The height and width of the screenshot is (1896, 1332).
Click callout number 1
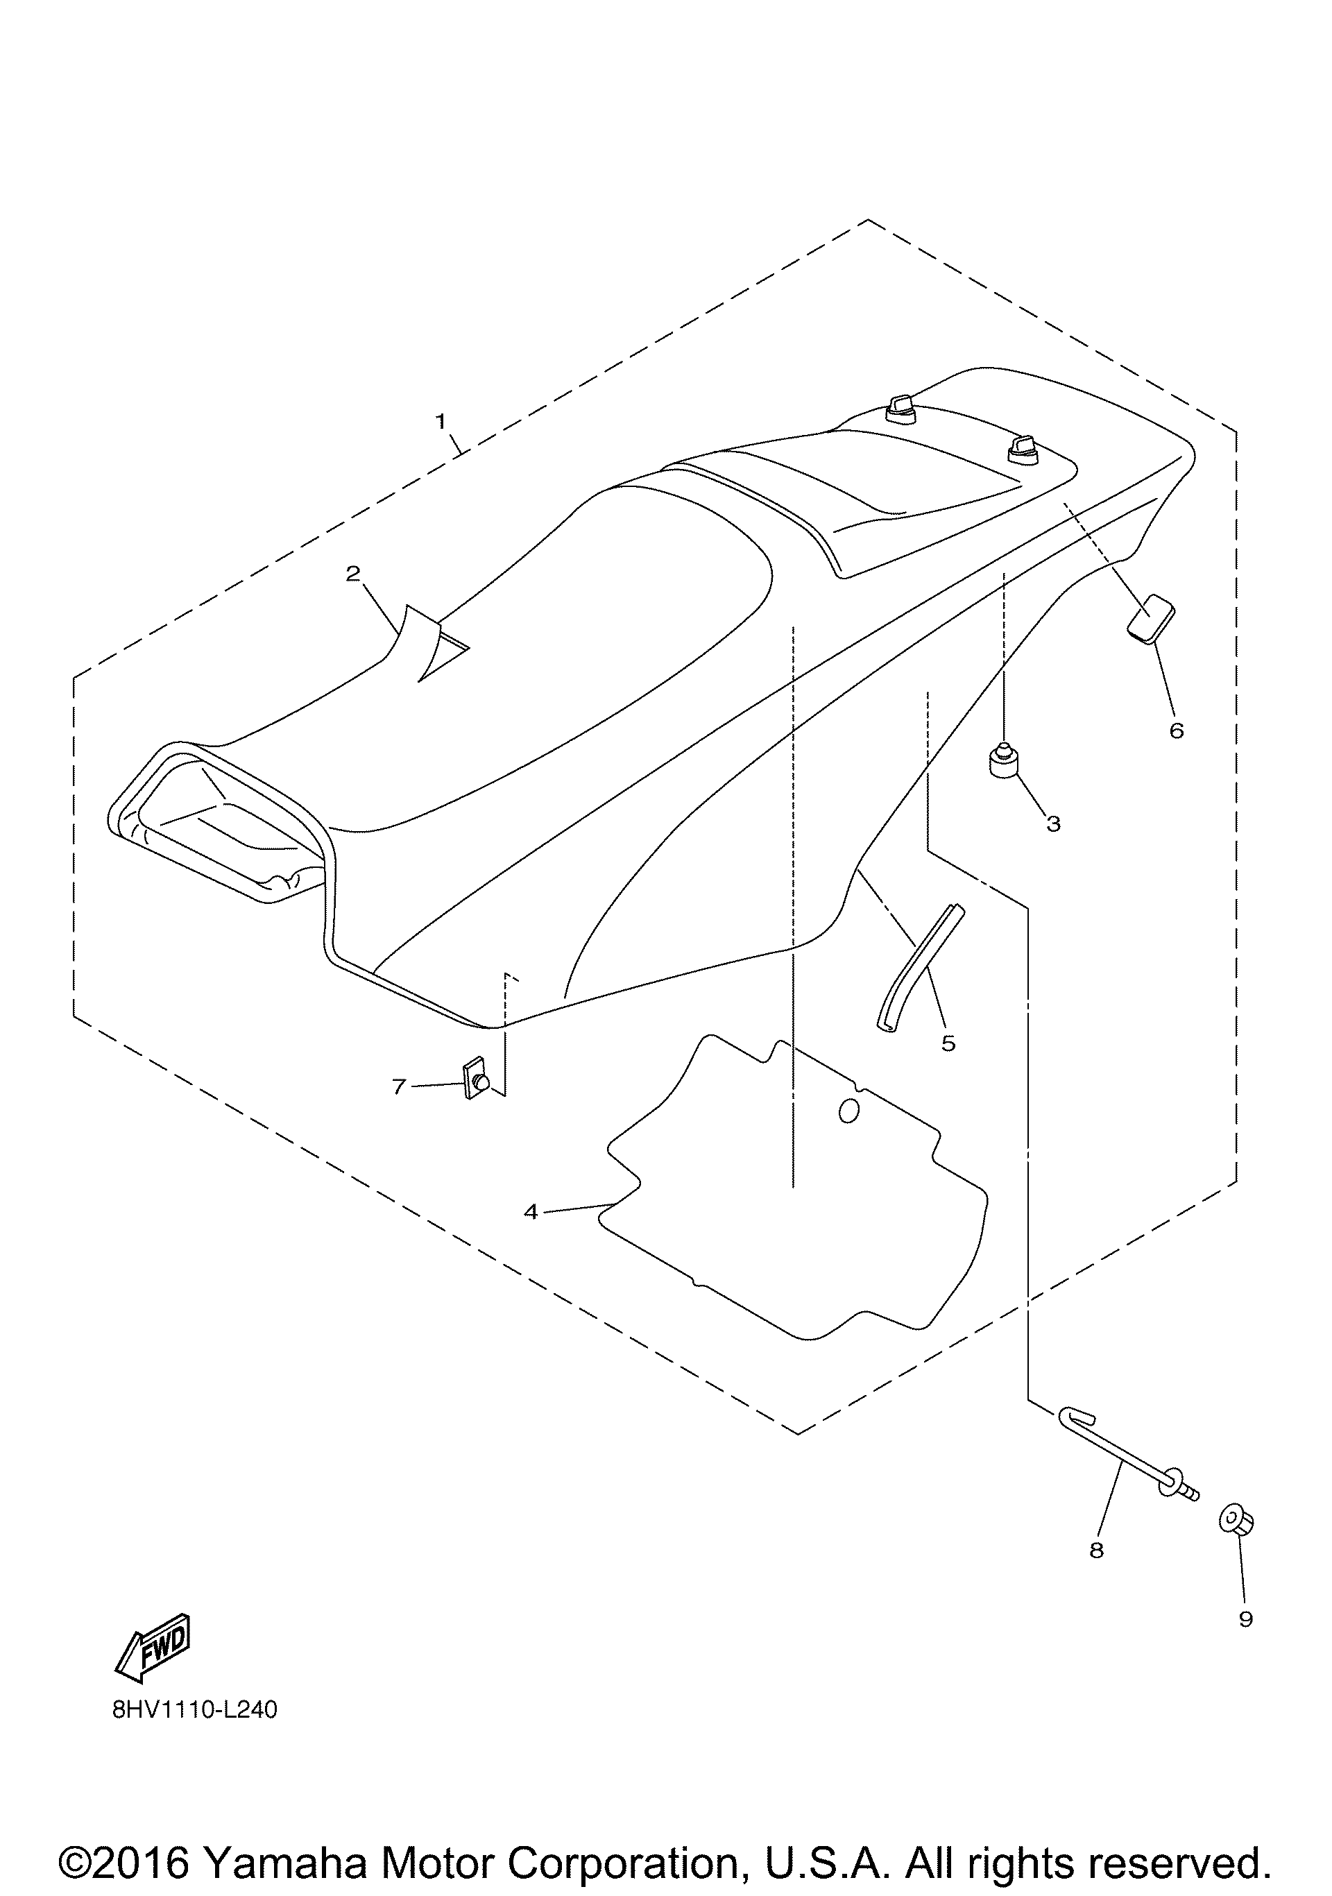click(441, 421)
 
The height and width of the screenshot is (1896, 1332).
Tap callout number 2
click(353, 573)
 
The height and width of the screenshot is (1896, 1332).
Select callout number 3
click(1053, 823)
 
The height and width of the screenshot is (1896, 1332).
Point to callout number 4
click(530, 1211)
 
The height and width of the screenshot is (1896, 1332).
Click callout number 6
click(1176, 730)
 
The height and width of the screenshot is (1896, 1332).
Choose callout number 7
click(399, 1086)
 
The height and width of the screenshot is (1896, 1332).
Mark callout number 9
click(1245, 1619)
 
